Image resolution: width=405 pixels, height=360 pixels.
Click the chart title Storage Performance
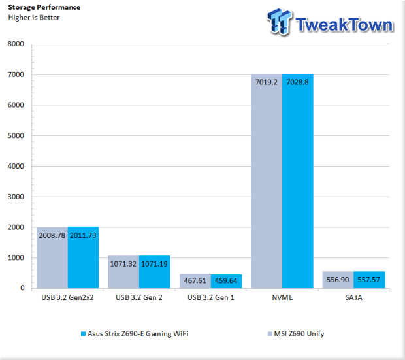44,7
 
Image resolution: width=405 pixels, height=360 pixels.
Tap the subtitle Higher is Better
34,18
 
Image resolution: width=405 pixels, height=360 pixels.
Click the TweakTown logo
330,22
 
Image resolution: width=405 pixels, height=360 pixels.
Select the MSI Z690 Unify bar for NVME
267,181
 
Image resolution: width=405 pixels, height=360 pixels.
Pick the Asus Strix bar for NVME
298,181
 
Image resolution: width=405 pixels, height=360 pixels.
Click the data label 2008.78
52,235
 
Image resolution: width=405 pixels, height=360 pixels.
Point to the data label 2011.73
83,235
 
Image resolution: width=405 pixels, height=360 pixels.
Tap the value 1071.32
123,264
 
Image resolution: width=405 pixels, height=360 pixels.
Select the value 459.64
226,280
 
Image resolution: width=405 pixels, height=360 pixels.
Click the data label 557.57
368,280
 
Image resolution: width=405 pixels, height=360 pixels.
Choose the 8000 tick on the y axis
16,44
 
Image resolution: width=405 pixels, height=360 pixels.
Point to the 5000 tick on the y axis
16,135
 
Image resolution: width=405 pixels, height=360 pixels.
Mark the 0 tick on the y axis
22,288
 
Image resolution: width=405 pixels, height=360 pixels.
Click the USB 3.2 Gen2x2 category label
67,297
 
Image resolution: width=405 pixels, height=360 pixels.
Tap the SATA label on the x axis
353,297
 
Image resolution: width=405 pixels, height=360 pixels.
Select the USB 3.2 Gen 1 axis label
211,297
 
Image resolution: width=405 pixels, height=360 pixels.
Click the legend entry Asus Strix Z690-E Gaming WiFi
135,334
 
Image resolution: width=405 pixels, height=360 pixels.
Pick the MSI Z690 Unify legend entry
296,334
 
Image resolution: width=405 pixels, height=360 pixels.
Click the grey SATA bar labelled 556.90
338,280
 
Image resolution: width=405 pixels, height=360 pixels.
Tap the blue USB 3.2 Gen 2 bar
154,272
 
